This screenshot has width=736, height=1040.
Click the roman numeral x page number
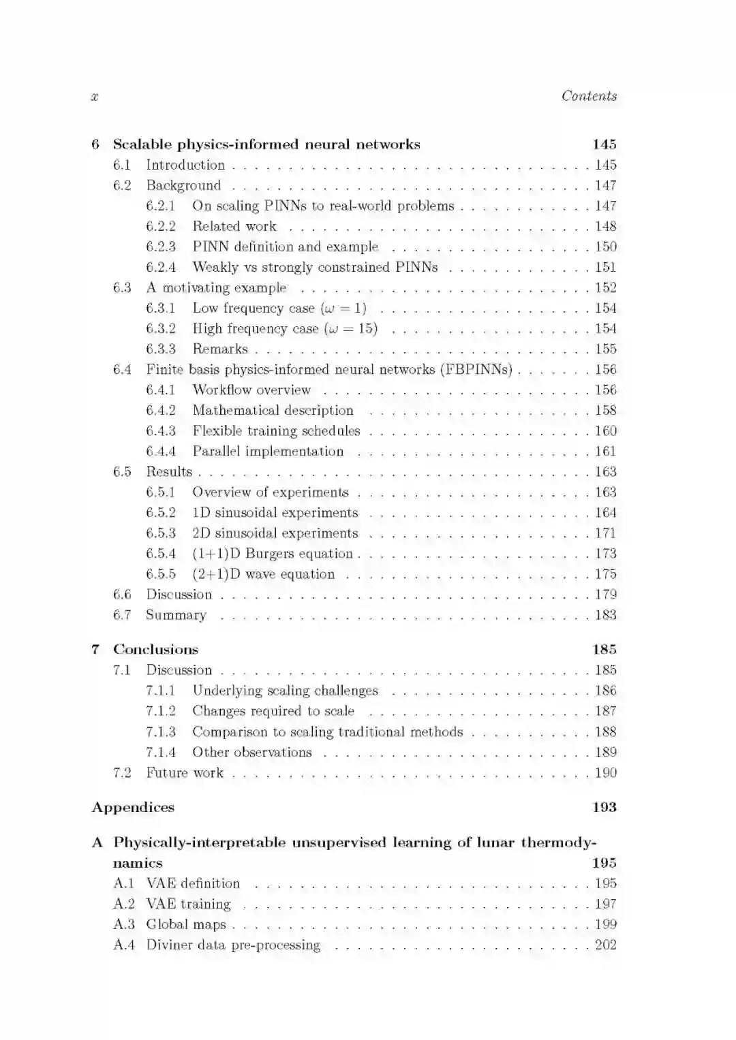(95, 97)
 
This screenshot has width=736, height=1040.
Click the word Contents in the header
(589, 96)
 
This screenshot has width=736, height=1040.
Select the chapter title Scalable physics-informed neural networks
(266, 144)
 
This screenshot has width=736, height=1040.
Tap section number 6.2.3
(161, 247)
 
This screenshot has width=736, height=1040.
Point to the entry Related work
(234, 226)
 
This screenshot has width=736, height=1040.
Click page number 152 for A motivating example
(605, 287)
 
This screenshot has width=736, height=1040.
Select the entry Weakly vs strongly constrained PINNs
(315, 267)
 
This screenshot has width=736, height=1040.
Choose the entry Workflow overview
(251, 390)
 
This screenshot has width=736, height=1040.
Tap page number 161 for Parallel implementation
(605, 451)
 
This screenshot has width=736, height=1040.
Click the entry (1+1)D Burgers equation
(273, 553)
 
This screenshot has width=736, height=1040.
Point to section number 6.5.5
(161, 573)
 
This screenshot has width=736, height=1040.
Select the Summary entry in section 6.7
(176, 615)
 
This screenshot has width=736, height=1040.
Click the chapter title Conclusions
(155, 649)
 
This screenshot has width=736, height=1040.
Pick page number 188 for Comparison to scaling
(605, 731)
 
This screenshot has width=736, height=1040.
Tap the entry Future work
(185, 772)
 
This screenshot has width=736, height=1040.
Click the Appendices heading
(133, 807)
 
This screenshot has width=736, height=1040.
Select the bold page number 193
(604, 807)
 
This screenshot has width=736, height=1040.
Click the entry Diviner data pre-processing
(233, 945)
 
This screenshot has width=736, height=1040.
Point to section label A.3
(123, 924)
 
